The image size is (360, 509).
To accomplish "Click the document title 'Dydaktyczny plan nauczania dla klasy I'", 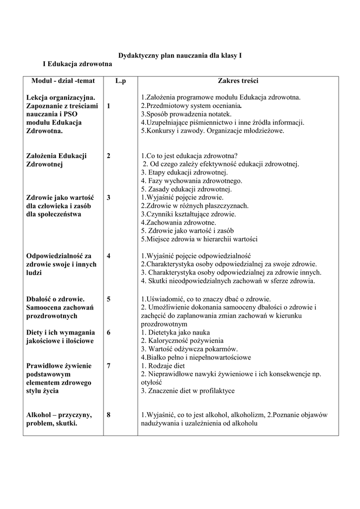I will [x=180, y=56].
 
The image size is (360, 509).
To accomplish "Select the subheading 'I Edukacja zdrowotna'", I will [x=78, y=64].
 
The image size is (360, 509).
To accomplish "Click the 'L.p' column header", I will [x=120, y=81].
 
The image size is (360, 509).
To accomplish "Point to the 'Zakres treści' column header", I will [x=238, y=81].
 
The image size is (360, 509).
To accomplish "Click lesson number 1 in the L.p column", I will [x=108, y=105].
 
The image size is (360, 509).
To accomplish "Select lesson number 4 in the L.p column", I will [x=108, y=255].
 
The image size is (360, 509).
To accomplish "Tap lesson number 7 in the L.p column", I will [x=108, y=365].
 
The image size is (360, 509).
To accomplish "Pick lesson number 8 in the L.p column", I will [x=108, y=414].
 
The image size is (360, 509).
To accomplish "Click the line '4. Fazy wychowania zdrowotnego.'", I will [x=191, y=181].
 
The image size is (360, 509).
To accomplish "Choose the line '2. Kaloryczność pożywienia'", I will [x=182, y=340].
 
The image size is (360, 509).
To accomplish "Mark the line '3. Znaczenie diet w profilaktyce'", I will [x=187, y=391].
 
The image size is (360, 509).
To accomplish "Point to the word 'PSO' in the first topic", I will [x=72, y=114].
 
